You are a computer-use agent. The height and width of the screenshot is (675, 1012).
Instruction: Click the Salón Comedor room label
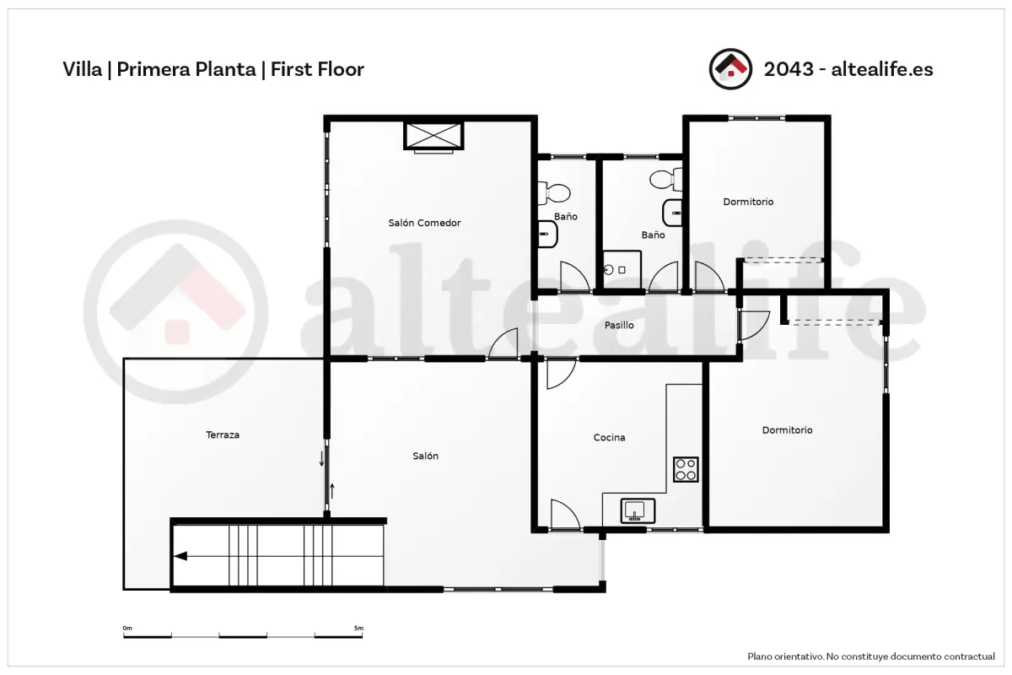tap(424, 223)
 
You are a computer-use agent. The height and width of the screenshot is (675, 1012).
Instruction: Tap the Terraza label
tap(223, 435)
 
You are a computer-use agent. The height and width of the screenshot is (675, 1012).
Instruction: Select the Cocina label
tap(609, 437)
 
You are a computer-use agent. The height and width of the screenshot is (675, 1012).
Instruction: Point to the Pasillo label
tap(619, 325)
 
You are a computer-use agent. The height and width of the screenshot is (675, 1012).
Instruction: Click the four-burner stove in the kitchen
tap(686, 469)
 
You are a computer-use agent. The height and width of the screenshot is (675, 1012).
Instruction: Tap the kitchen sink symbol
tap(638, 510)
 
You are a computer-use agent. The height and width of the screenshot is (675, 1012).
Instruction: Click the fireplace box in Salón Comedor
tap(433, 136)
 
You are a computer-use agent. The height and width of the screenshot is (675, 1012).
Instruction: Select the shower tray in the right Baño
tap(622, 269)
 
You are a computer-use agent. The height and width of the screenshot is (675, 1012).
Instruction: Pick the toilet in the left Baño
tap(554, 192)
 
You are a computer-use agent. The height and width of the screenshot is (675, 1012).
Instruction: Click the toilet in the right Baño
tap(666, 180)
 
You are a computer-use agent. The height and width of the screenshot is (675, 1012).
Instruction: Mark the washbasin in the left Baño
tap(547, 235)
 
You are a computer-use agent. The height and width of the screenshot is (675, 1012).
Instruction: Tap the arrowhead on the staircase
tap(180, 556)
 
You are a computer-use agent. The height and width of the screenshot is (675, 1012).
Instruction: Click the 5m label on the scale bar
tap(358, 628)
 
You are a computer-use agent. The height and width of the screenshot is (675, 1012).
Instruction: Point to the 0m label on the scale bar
tap(127, 628)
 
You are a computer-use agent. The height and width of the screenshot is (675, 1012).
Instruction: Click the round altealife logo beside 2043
tap(730, 69)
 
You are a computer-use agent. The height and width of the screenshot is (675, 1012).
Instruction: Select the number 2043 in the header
tap(789, 69)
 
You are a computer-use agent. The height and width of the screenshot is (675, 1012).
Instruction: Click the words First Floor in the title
tap(317, 69)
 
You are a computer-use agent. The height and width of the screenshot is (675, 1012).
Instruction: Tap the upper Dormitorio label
tap(748, 202)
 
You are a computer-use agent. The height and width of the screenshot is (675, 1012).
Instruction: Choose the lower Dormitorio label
tap(787, 430)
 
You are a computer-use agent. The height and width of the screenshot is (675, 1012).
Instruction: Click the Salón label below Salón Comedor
tap(425, 456)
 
